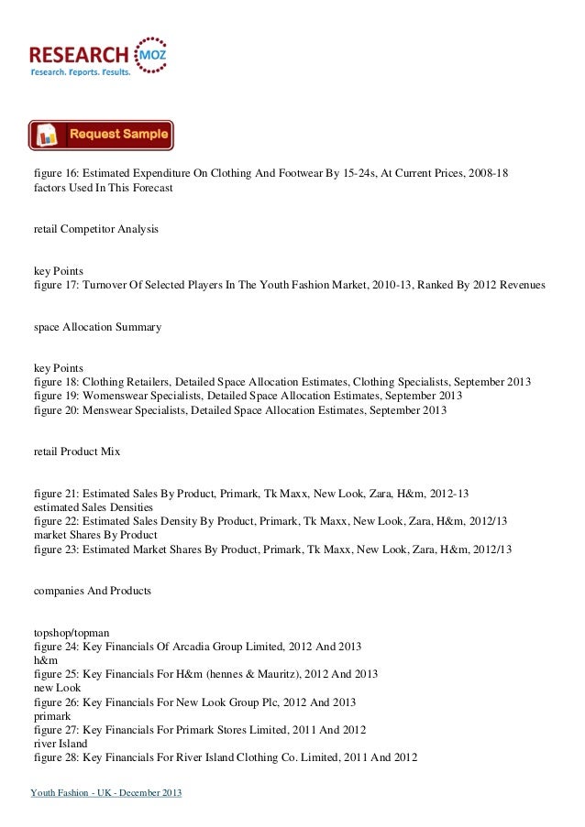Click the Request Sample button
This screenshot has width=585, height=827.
coord(101,135)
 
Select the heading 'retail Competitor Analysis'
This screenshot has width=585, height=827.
coord(95,225)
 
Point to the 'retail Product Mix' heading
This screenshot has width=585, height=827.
coord(76,452)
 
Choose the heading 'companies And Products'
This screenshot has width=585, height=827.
coord(92,592)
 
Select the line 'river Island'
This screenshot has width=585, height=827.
coord(58,744)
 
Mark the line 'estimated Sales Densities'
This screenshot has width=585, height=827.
coord(93,506)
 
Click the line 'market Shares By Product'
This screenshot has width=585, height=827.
coord(94,535)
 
